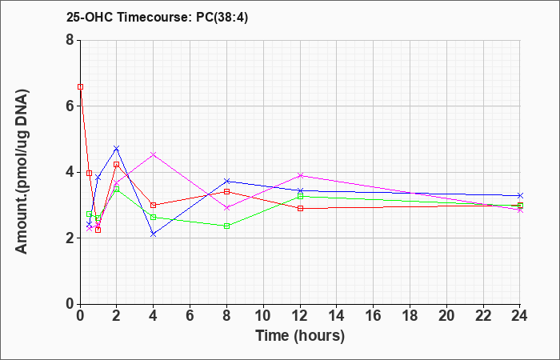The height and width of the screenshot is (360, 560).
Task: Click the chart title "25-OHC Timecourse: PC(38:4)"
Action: [x=157, y=18]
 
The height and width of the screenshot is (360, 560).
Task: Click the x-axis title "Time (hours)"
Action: [x=300, y=336]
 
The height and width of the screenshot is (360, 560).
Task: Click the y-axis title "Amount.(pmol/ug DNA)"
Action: [x=22, y=172]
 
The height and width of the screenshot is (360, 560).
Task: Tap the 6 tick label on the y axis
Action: [x=70, y=106]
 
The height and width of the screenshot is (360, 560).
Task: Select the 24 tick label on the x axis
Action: [x=519, y=316]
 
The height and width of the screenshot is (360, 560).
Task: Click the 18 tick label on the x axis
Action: [x=410, y=316]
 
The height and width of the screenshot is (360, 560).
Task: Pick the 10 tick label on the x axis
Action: [x=263, y=316]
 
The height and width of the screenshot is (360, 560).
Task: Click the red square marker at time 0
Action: [x=81, y=86]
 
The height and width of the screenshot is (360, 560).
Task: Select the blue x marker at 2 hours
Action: [x=117, y=148]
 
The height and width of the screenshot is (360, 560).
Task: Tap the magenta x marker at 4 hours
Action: [x=154, y=154]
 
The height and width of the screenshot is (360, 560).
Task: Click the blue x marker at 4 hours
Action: [x=154, y=234]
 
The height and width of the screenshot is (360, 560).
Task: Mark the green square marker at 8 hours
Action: [x=226, y=226]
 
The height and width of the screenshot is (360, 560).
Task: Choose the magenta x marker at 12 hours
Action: [x=300, y=175]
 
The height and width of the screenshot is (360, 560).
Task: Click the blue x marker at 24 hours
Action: [x=520, y=196]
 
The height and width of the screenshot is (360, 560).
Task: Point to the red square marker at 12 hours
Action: [x=300, y=209]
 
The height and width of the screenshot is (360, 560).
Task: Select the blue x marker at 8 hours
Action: [x=226, y=181]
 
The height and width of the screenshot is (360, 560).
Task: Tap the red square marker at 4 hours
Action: [x=154, y=206]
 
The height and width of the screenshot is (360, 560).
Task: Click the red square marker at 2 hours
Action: [x=117, y=164]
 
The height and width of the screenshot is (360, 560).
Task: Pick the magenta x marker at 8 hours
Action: [x=226, y=207]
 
